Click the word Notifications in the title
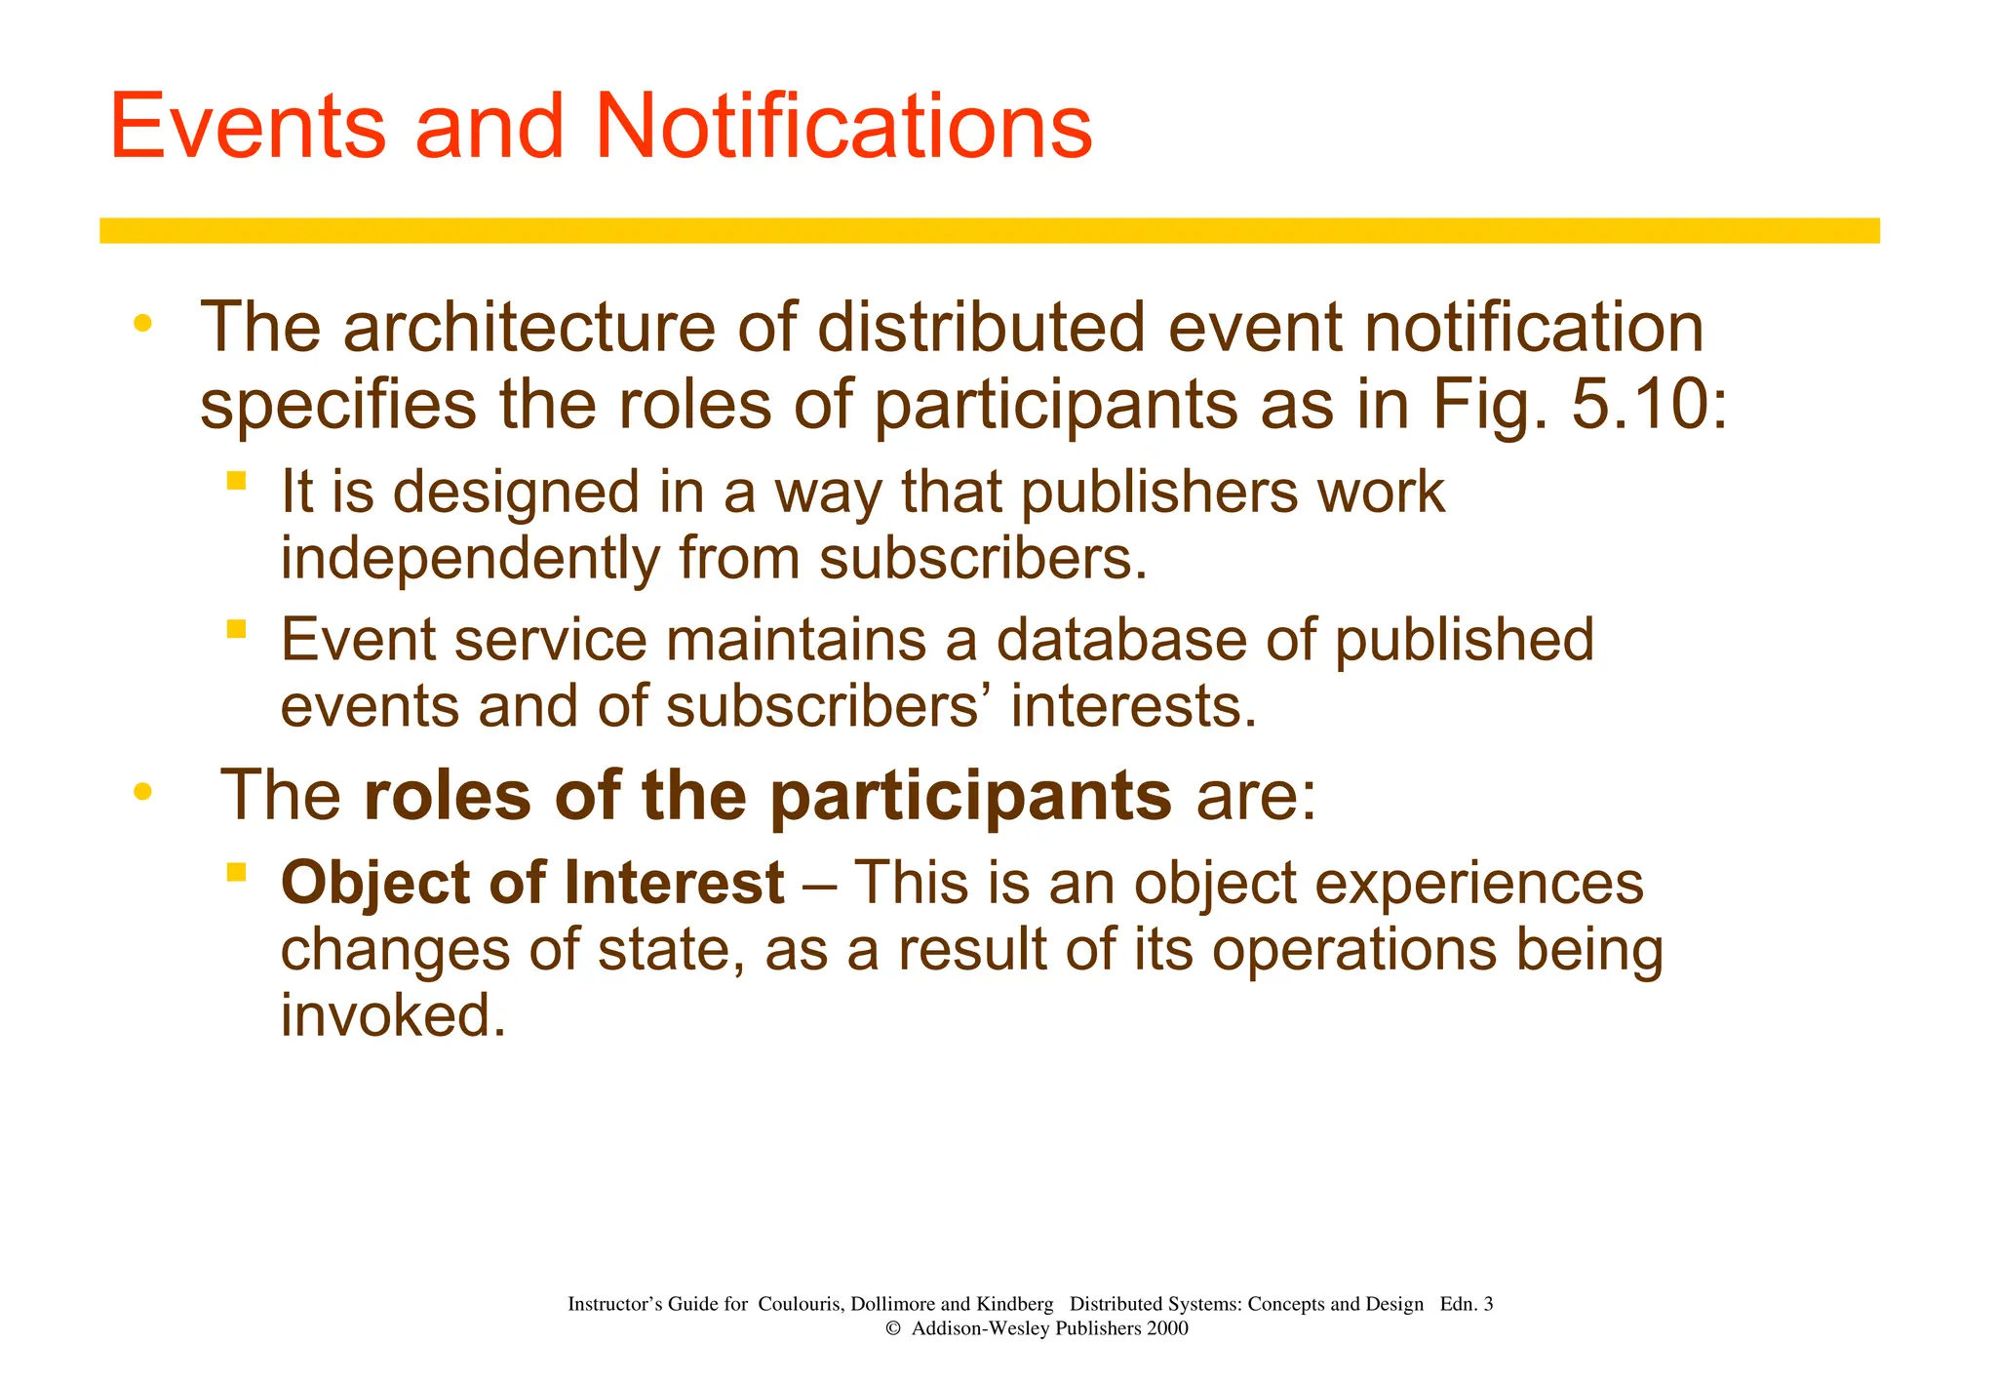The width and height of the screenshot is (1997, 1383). click(x=842, y=127)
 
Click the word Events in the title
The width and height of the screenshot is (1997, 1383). click(x=248, y=127)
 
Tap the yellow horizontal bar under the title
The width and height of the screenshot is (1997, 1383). click(x=989, y=230)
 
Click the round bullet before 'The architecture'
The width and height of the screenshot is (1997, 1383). click(x=143, y=324)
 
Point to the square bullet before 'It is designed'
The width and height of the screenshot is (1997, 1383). click(x=236, y=480)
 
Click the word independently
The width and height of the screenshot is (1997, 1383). click(x=471, y=559)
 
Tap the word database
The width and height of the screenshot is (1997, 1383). click(x=1120, y=641)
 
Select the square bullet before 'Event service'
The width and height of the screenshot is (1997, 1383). click(x=236, y=629)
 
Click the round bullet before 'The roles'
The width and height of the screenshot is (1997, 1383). click(x=143, y=792)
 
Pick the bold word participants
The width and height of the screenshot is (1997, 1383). click(x=970, y=797)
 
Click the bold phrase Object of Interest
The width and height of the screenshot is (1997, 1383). click(x=532, y=884)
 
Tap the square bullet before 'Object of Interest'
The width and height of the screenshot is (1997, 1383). click(x=236, y=871)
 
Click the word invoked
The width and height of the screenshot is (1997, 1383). click(x=393, y=1016)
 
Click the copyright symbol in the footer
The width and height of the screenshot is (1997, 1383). click(x=892, y=1329)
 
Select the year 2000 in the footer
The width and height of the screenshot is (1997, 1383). click(x=1167, y=1328)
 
